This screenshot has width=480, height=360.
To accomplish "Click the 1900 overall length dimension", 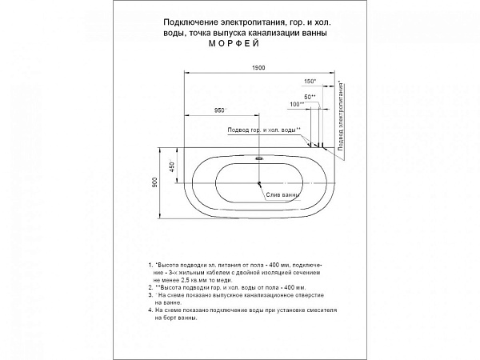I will pos(258,68).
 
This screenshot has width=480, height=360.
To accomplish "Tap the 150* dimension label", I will pos(310,82).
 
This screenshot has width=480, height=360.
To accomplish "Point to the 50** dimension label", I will pos(309,96).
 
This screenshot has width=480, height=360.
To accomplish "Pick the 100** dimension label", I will pos(297,105).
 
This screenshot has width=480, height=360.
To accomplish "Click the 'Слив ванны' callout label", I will pos(283,194).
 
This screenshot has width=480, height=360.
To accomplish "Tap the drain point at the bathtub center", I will pos(259,183).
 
